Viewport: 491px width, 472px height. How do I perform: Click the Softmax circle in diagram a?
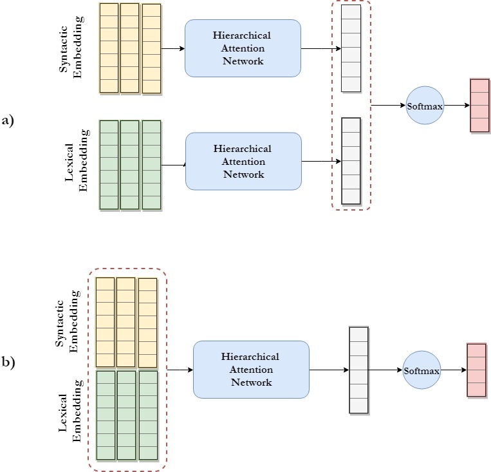(x=425, y=106)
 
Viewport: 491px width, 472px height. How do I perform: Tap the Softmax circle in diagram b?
(x=422, y=370)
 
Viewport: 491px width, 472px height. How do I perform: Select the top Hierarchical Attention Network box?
(x=243, y=48)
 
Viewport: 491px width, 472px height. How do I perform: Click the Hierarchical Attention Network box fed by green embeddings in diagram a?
(x=243, y=162)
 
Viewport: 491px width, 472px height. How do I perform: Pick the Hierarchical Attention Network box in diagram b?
(x=251, y=370)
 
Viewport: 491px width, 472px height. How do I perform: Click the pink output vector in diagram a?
(x=479, y=106)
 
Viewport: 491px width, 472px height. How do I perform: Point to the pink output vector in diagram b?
(x=477, y=370)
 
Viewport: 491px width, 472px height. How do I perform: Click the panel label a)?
(x=8, y=120)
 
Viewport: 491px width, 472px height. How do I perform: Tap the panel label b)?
(x=8, y=362)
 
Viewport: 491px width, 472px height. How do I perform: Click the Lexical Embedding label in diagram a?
(x=77, y=160)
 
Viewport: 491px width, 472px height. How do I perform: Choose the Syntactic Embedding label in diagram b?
(x=67, y=321)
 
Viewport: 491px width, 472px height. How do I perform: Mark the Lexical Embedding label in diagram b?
(x=70, y=411)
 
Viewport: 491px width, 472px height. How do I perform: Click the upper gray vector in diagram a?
(x=351, y=48)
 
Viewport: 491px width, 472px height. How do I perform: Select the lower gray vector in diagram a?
(x=351, y=161)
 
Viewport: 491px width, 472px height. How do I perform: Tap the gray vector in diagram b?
(x=359, y=370)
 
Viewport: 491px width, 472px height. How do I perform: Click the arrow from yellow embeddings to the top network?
(x=173, y=48)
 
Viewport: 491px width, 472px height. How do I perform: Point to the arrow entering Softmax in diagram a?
(x=388, y=106)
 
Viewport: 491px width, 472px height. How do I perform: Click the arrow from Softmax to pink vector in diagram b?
(x=454, y=370)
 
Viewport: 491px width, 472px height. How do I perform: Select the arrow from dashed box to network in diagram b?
(x=180, y=370)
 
